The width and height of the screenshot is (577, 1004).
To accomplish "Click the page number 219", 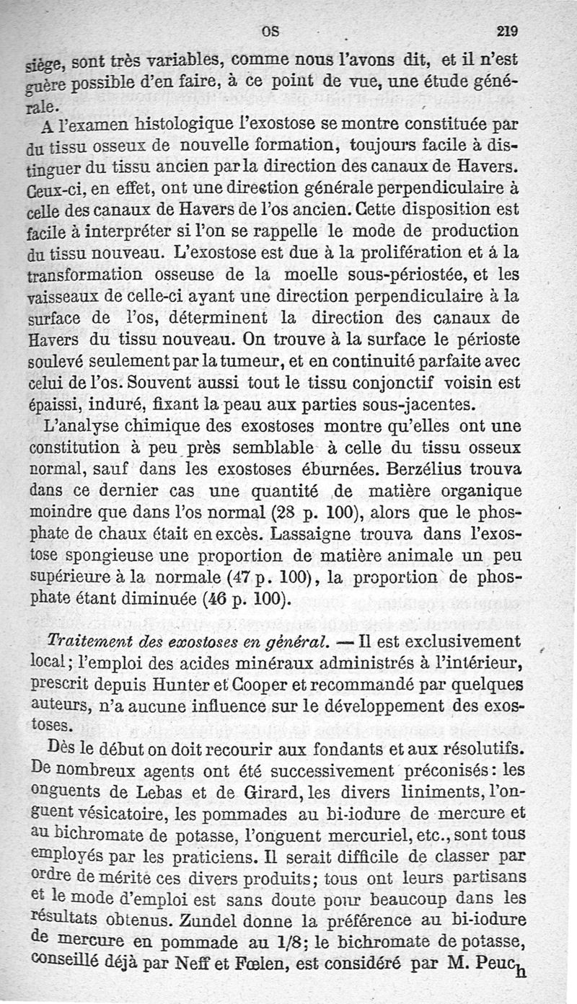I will pos(508,31).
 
